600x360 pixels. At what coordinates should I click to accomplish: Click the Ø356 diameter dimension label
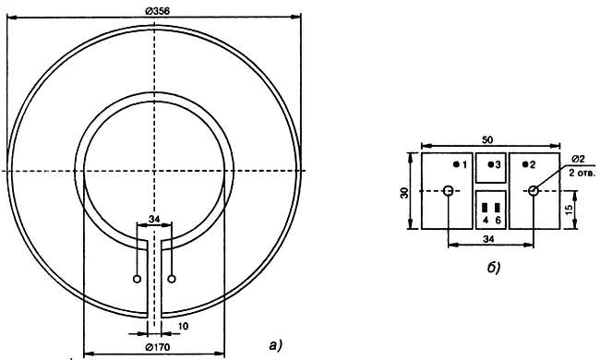click(157, 11)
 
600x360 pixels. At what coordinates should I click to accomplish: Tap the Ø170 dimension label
click(158, 347)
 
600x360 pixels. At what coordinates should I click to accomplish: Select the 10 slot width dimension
click(184, 326)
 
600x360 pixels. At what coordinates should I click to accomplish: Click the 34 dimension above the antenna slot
click(154, 219)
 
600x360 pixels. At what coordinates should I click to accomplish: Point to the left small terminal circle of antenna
click(137, 279)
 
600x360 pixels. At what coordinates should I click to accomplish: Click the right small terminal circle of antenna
click(172, 279)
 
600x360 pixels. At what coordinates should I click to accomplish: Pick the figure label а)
click(275, 345)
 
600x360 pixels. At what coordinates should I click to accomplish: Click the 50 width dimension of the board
click(487, 140)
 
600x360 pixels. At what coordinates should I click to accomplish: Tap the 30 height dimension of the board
click(404, 192)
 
